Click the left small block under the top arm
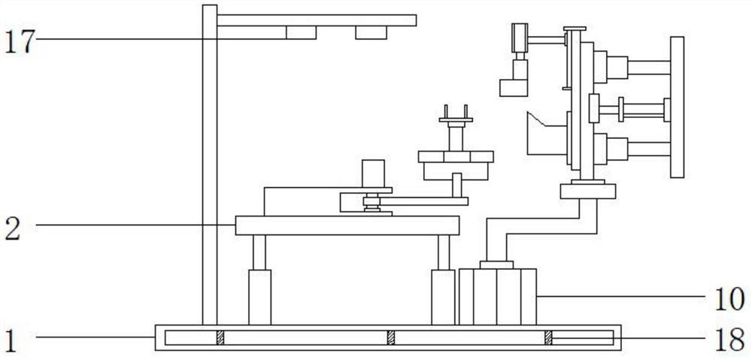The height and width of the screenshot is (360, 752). pyautogui.click(x=301, y=32)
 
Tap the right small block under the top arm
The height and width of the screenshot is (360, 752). pyautogui.click(x=371, y=32)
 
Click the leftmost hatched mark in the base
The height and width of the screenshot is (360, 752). pyautogui.click(x=220, y=338)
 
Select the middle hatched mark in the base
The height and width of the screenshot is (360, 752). pyautogui.click(x=391, y=338)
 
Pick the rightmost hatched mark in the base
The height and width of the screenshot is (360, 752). pyautogui.click(x=548, y=338)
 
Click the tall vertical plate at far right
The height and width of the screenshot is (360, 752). pyautogui.click(x=677, y=107)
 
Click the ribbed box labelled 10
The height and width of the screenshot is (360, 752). pyautogui.click(x=497, y=296)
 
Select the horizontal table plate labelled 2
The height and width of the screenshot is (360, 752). pyautogui.click(x=347, y=225)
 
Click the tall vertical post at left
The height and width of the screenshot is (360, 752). pyautogui.click(x=209, y=165)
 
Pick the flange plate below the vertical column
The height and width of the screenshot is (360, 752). pyautogui.click(x=587, y=191)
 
